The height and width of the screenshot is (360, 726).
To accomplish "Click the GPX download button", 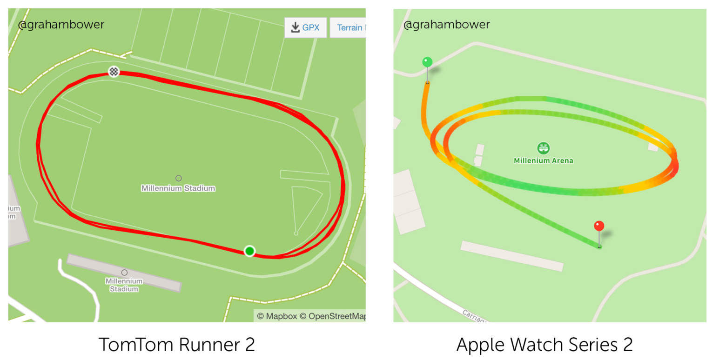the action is click(305, 27).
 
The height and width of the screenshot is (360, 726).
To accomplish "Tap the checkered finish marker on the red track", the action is click(114, 72).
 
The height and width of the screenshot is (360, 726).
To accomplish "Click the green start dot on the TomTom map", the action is click(249, 251).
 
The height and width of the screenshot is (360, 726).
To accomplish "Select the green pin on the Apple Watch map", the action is click(427, 62).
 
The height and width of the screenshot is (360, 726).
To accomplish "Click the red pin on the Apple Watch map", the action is click(599, 227).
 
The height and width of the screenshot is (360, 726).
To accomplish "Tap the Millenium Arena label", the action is click(543, 160).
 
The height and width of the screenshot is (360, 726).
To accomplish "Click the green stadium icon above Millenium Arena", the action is click(543, 148).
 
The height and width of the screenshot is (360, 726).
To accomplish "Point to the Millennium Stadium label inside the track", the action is click(178, 188).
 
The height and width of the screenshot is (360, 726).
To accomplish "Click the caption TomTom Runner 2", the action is click(177, 345).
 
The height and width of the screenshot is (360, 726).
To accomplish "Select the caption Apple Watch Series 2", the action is click(544, 345).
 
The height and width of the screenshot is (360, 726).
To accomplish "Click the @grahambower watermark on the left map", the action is click(61, 25).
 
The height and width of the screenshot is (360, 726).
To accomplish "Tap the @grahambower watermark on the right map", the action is click(446, 25).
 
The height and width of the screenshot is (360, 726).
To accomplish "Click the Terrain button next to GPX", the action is click(349, 27).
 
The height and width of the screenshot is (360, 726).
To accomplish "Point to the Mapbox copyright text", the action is click(277, 316).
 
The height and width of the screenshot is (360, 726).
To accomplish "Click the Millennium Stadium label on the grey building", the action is click(124, 285).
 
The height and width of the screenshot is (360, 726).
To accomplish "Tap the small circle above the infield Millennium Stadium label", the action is click(178, 178).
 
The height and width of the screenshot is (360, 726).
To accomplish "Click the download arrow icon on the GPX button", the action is click(295, 27).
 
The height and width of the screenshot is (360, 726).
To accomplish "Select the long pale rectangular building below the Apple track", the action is click(512, 256).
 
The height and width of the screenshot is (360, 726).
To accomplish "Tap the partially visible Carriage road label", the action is click(475, 316).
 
